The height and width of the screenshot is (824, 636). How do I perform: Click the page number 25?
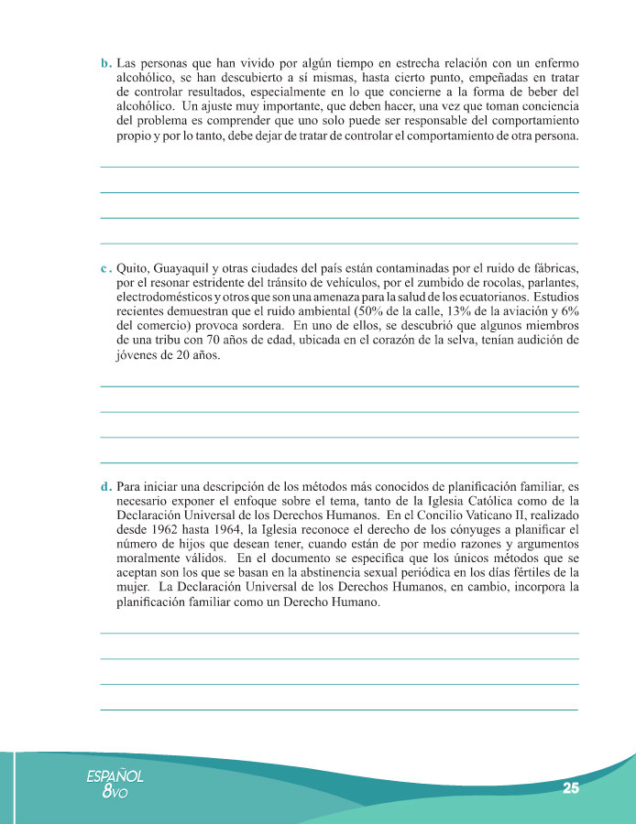click(x=571, y=788)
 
